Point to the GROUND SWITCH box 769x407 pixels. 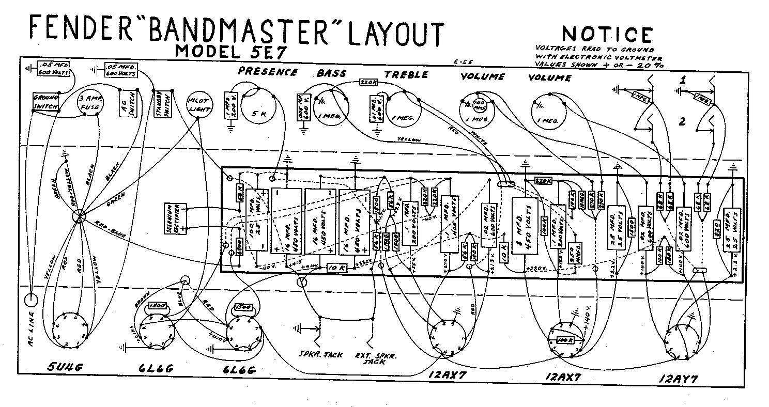pyautogui.click(x=46, y=102)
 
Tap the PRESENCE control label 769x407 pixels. pyautogui.click(x=268, y=72)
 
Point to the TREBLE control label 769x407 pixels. pyautogui.click(x=406, y=74)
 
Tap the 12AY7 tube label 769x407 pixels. pyautogui.click(x=679, y=379)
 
